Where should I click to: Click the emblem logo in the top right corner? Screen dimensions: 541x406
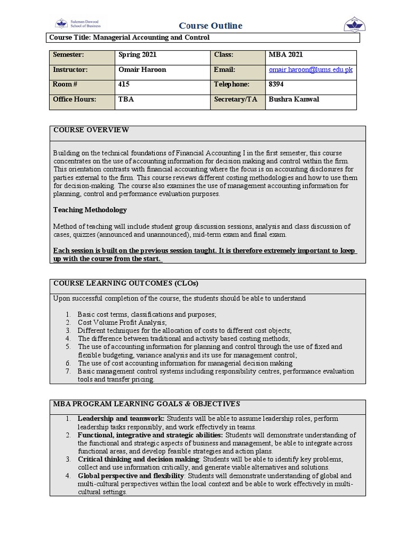pos(355,24)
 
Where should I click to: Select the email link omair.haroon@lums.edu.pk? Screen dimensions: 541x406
pos(310,70)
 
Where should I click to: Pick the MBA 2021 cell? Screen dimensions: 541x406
pos(285,55)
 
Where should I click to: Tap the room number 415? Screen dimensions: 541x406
pos(125,85)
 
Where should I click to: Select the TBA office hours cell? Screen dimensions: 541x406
pos(127,99)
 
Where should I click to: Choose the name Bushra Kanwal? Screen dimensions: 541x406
pos(294,99)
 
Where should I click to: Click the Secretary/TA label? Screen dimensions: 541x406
pos(235,99)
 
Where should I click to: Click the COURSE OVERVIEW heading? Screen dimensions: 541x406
pos(90,130)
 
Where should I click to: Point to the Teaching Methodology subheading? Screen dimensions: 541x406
pos(90,210)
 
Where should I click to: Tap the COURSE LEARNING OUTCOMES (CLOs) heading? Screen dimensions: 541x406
pos(126,284)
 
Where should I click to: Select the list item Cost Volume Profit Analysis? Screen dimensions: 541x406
pos(122,322)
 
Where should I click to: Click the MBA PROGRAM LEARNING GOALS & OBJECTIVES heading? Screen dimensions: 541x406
pos(146,404)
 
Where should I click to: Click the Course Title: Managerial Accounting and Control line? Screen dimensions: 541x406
pos(129,38)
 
